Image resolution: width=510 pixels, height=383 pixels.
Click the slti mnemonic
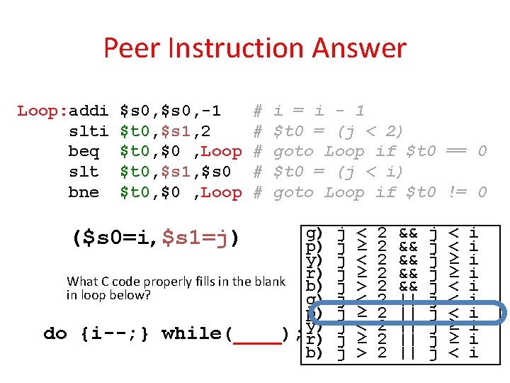tap(89, 131)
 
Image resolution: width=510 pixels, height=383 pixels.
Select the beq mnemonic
tap(84, 152)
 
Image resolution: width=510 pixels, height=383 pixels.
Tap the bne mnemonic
tap(84, 192)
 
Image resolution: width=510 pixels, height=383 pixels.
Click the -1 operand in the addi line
tap(210, 111)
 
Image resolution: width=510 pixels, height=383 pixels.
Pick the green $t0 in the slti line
tap(135, 131)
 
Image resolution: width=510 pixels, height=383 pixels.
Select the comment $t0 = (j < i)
tap(339, 172)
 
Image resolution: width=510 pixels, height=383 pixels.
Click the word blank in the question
tap(270, 282)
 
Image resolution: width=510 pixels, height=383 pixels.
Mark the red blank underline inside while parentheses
tap(256, 339)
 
